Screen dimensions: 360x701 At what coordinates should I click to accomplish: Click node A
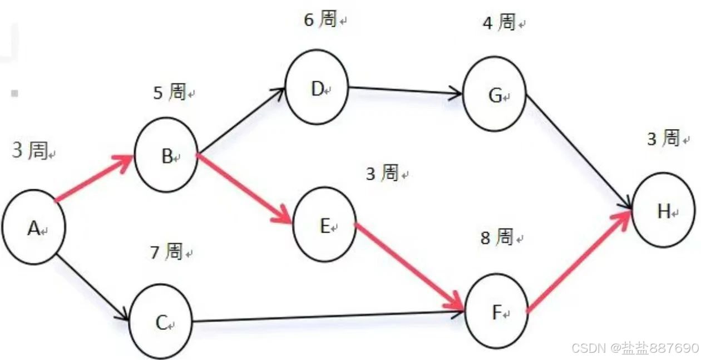pos(33,227)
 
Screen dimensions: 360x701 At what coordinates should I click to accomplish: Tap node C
pos(161,322)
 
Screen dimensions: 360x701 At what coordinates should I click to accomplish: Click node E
pos(324,225)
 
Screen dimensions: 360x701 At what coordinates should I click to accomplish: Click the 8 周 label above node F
pos(497,238)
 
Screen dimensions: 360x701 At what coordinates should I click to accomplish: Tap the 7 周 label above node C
pos(166,252)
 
